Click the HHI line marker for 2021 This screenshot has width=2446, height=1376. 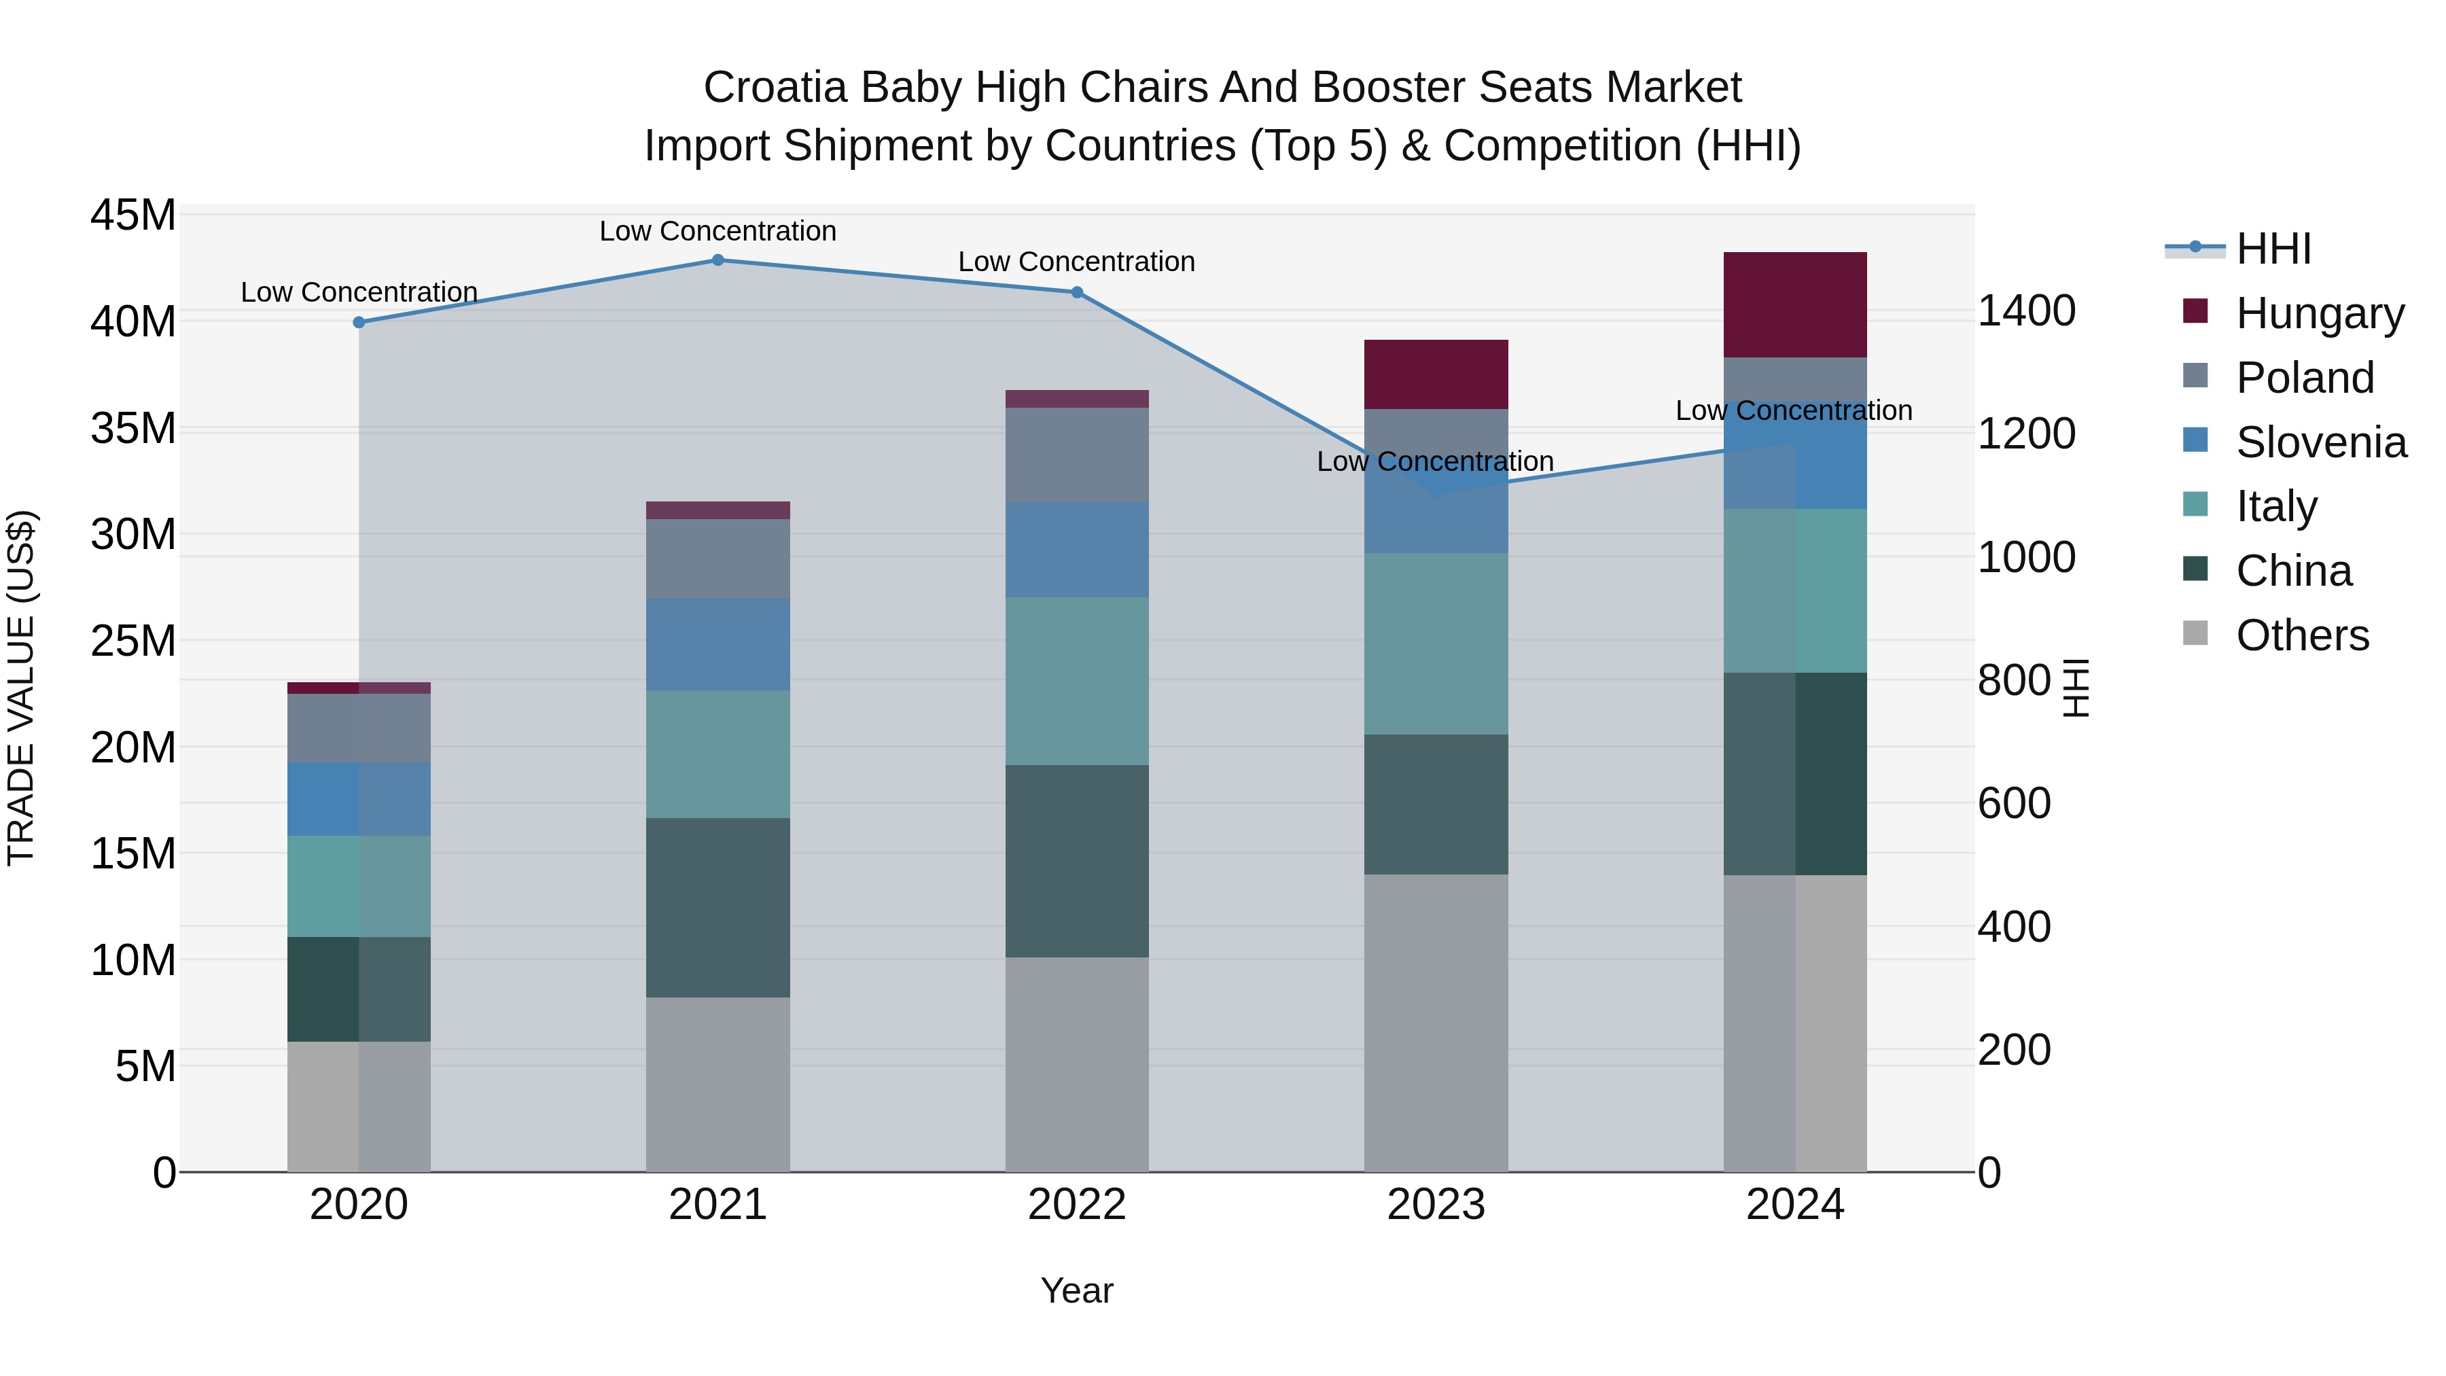[718, 260]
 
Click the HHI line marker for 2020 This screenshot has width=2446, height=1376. [359, 323]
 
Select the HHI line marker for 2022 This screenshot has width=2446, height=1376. [1077, 292]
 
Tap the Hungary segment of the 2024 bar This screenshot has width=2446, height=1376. [1794, 305]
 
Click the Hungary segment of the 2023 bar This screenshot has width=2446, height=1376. [1436, 374]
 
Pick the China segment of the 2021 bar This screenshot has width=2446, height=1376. [718, 907]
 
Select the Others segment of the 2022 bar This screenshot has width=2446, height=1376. [1077, 1063]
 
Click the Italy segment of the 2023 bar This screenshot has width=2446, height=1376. [1436, 644]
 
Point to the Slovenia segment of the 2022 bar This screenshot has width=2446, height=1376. [1077, 549]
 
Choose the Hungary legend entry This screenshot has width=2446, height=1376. [2319, 313]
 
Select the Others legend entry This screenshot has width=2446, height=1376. [2302, 635]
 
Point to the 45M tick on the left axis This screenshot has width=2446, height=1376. [133, 215]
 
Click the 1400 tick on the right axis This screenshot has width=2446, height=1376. [2026, 311]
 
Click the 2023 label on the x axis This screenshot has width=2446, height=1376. [1436, 1205]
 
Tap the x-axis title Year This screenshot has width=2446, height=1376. [1077, 1290]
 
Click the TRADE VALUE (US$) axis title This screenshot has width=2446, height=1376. [21, 688]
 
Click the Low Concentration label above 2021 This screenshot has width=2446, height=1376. [718, 231]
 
